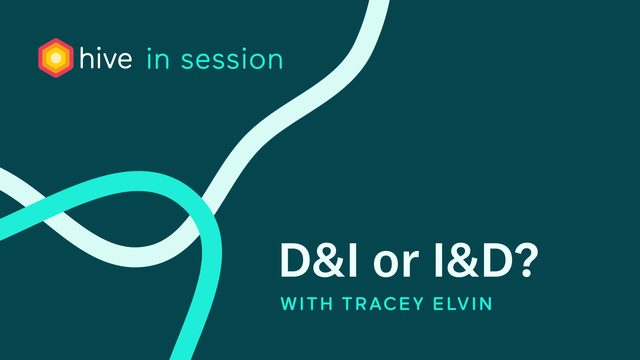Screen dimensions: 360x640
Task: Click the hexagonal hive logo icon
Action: [x=56, y=58]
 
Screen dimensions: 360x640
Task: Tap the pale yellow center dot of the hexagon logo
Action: [x=56, y=58]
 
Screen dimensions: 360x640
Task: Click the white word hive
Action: [x=106, y=59]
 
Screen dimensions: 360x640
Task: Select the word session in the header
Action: [x=232, y=60]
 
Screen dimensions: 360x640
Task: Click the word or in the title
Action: [x=396, y=263]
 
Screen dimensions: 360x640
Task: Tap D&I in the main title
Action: [x=319, y=260]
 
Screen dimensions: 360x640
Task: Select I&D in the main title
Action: [x=473, y=260]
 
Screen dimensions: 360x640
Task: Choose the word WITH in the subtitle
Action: [x=307, y=304]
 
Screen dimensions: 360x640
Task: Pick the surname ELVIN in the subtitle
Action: [x=462, y=304]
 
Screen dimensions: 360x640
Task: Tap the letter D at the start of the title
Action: [x=295, y=260]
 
